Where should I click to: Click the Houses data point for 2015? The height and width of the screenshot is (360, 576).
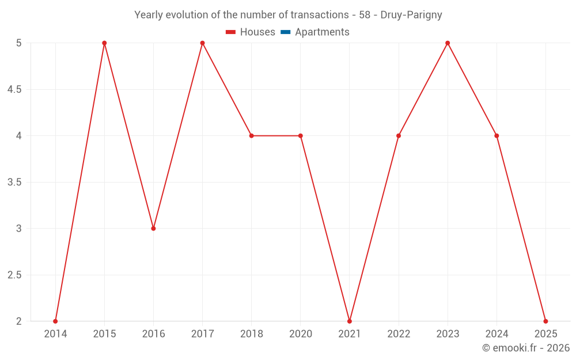[x=104, y=43]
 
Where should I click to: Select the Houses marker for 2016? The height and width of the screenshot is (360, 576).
[x=153, y=229]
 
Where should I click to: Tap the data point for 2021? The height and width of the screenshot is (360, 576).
[x=350, y=321]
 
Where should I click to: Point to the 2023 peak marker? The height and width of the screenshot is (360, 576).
[x=448, y=43]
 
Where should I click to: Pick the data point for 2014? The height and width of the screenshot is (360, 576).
[x=55, y=321]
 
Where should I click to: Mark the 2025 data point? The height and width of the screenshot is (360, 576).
[x=545, y=321]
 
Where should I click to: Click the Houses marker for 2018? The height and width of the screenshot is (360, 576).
[x=252, y=136]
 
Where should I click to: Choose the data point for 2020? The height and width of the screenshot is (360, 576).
[x=301, y=136]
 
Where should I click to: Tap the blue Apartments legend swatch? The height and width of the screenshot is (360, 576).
[x=286, y=32]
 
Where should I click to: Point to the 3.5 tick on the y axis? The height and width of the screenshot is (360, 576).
[x=14, y=183]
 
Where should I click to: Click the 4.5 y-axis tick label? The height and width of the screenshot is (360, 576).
[x=14, y=90]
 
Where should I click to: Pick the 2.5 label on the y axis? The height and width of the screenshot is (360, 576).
[x=14, y=275]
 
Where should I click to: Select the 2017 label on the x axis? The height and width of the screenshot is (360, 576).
[x=202, y=334]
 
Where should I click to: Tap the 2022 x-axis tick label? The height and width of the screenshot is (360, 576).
[x=399, y=334]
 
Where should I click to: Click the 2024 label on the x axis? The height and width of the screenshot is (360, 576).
[x=497, y=334]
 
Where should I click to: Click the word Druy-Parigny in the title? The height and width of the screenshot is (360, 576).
[x=411, y=15]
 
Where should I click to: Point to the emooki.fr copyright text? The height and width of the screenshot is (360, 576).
[x=525, y=348]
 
